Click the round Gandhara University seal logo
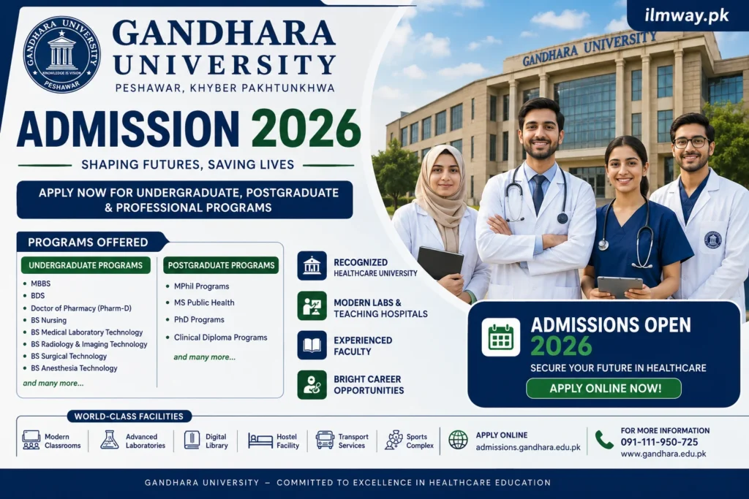[61, 54]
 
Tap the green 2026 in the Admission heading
[306, 129]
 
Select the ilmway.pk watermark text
[686, 15]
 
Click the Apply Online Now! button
[603, 389]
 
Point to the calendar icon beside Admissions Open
[500, 337]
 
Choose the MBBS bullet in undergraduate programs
[41, 283]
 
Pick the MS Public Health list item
[204, 302]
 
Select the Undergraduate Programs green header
[86, 265]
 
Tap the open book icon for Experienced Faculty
[312, 345]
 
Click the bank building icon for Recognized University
[312, 266]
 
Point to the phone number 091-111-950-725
[659, 442]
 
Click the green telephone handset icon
[603, 440]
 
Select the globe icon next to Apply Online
[458, 439]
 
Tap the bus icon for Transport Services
[325, 440]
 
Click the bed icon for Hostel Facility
[260, 441]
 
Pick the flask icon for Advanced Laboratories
[110, 440]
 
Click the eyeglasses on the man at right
[690, 142]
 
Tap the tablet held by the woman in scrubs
[620, 286]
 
